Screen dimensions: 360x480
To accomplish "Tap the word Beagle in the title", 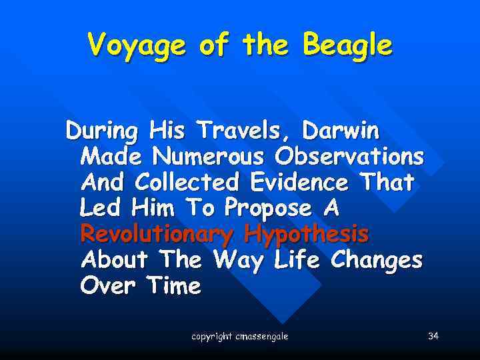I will tap(347, 47).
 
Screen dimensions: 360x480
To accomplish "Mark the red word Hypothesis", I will tap(307, 235).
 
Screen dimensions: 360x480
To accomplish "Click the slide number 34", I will tap(433, 336).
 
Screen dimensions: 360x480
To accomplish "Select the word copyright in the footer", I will tap(212, 337).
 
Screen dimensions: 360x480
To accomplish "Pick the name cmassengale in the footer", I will tap(262, 337).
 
